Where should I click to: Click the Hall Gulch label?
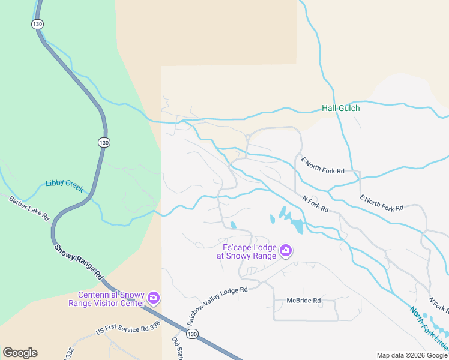(340, 108)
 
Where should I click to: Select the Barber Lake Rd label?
(28, 207)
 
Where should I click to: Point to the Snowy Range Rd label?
(77, 262)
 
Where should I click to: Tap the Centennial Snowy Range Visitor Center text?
(112, 299)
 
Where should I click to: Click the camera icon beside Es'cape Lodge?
(286, 250)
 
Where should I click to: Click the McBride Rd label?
(303, 301)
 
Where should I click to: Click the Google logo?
(20, 353)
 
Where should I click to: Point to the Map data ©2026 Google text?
(411, 355)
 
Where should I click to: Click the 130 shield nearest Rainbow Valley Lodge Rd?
(191, 334)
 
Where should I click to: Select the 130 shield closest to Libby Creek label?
(104, 142)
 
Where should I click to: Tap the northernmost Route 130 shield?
(37, 23)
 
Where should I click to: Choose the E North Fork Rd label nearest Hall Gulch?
(323, 166)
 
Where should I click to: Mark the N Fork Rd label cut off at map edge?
(438, 305)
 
